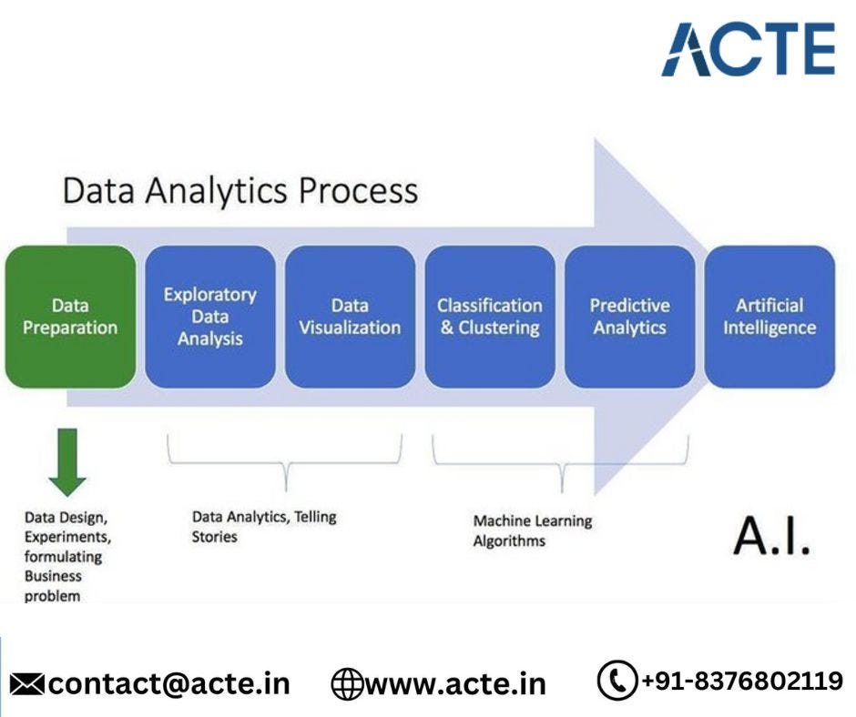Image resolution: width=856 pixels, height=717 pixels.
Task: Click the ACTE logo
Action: [x=749, y=49]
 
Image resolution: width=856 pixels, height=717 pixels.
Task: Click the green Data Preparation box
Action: [x=70, y=317]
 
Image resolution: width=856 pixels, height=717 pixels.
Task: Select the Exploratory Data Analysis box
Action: [x=210, y=317]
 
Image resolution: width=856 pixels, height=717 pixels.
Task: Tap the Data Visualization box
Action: [x=350, y=317]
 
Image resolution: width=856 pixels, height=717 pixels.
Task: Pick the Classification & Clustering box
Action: [x=490, y=317]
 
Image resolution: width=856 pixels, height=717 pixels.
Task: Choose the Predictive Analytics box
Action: [x=629, y=317]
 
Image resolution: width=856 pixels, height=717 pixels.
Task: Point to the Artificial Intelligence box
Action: [x=769, y=317]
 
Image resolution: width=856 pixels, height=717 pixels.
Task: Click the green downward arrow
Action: [x=67, y=462]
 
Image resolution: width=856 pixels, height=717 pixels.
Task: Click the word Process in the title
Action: [x=358, y=191]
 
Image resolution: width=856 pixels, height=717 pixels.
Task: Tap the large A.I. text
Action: [x=771, y=536]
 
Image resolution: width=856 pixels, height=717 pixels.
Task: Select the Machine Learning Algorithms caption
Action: [x=533, y=530]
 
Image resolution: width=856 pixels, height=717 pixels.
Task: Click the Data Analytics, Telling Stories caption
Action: [x=264, y=527]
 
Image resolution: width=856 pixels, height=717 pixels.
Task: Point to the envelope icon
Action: [x=26, y=684]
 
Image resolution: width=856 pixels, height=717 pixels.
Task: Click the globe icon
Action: [x=347, y=684]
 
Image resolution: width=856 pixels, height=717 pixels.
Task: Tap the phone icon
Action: [x=617, y=680]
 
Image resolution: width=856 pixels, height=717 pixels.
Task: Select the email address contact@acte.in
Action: [x=169, y=684]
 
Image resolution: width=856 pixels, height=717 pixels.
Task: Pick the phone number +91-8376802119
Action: [x=742, y=681]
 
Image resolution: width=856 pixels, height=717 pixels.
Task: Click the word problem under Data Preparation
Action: [x=52, y=596]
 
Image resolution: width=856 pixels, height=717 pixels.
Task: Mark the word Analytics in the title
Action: [x=216, y=191]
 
